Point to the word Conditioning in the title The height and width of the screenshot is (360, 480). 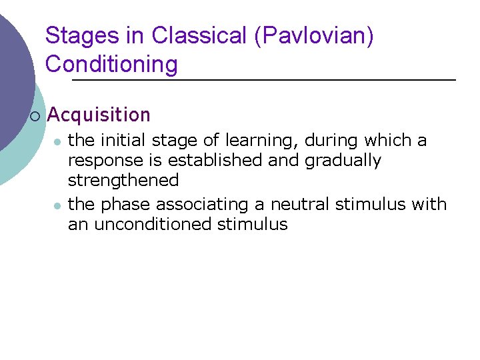click(x=111, y=65)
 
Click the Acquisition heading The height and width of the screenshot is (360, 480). click(x=99, y=115)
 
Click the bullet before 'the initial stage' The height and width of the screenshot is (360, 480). click(x=58, y=141)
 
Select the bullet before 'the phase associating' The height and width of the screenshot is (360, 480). click(x=58, y=205)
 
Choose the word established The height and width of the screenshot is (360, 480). click(x=209, y=161)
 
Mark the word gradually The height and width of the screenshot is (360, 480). click(x=343, y=161)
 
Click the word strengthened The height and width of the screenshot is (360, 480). click(x=123, y=181)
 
